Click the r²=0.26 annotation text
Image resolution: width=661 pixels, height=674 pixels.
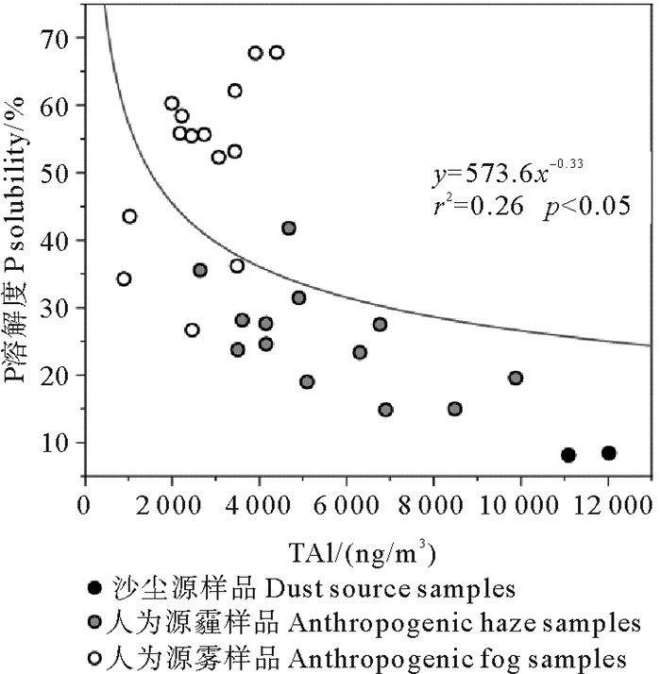(x=478, y=206)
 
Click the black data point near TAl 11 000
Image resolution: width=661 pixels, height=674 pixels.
(x=568, y=455)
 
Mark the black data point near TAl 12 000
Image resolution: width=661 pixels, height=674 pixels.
(x=609, y=453)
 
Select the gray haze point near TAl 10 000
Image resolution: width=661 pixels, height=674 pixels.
(x=516, y=378)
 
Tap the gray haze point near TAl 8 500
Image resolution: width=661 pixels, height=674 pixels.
(x=455, y=409)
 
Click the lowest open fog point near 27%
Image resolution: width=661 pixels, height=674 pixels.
(x=193, y=329)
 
